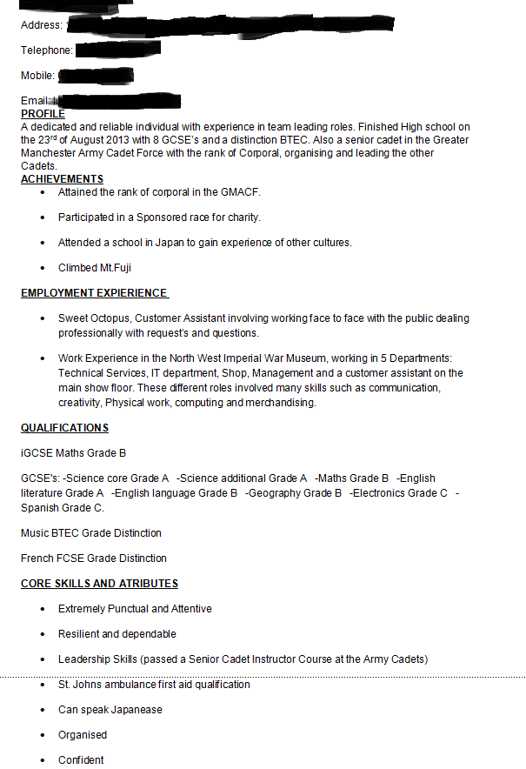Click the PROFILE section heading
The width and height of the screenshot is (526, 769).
43,114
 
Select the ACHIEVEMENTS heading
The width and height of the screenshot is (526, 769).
62,179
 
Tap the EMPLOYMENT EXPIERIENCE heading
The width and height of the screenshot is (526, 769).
94,293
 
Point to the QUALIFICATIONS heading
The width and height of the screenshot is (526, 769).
64,428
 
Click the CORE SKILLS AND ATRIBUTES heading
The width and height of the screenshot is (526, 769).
99,584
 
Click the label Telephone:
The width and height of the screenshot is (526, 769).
46,50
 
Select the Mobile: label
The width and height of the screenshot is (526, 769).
37,76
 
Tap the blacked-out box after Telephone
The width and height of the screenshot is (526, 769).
118,49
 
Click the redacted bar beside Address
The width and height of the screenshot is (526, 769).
230,23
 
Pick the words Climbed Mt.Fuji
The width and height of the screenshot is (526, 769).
95,268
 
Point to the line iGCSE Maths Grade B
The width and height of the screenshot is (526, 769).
74,453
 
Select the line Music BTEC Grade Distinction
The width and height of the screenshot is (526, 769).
91,533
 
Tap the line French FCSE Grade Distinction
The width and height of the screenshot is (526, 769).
94,558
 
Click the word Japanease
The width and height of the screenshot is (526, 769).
136,710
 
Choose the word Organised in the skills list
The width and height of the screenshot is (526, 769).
83,735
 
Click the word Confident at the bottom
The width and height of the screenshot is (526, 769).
81,760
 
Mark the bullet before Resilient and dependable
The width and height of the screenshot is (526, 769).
42,634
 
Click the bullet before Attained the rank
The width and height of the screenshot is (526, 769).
42,192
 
